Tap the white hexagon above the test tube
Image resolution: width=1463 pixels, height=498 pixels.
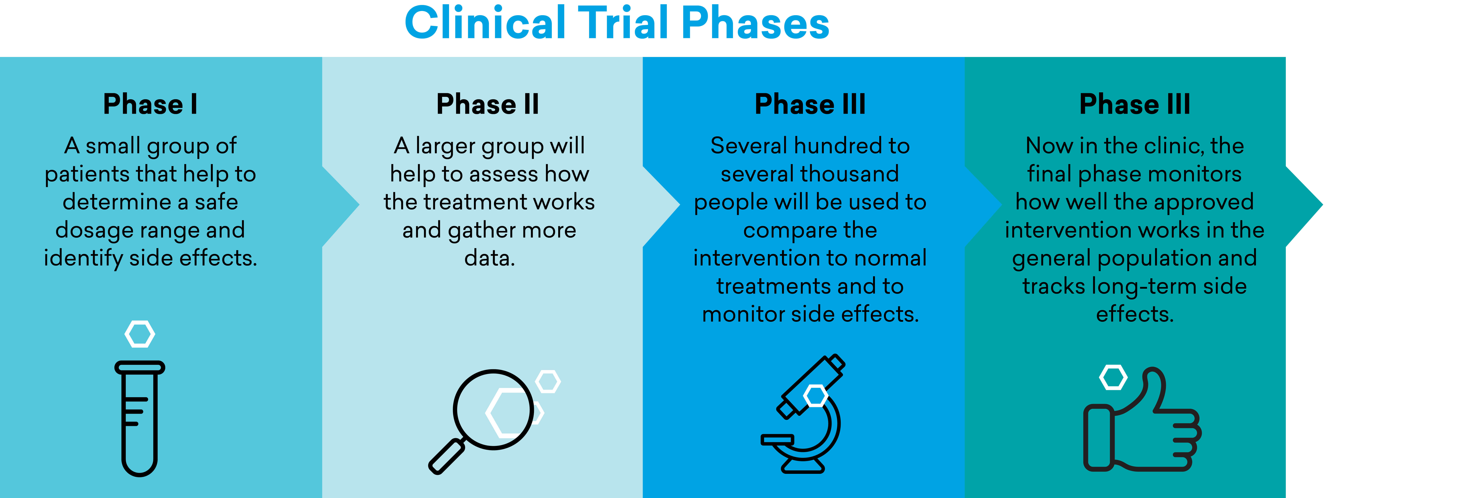[140, 334]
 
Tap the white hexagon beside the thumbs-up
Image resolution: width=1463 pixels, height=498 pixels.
[1113, 378]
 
